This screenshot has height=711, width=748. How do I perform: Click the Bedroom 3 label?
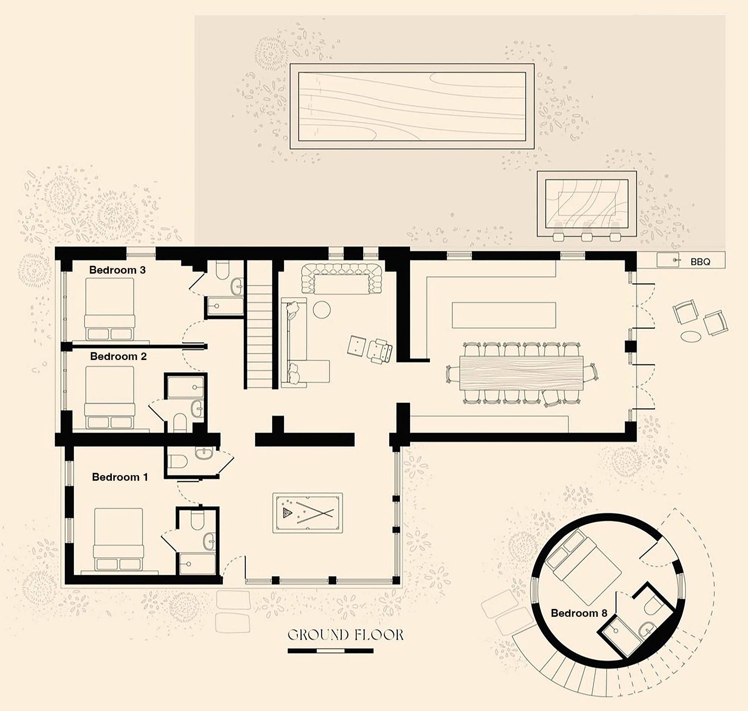tap(117, 270)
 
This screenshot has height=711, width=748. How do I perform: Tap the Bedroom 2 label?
tap(118, 356)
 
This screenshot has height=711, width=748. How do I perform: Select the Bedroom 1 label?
tap(120, 477)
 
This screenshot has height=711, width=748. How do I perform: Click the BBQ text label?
tap(700, 262)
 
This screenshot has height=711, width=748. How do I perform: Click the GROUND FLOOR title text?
tap(345, 635)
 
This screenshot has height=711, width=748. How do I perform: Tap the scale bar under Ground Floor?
tap(331, 651)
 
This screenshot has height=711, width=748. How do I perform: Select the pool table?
tap(307, 513)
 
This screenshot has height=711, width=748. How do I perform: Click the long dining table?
tap(521, 373)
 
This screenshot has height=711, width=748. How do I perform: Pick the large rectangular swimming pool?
tap(412, 106)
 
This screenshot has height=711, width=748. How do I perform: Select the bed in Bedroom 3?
tap(110, 309)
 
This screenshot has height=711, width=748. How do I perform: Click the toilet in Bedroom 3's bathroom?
tap(222, 270)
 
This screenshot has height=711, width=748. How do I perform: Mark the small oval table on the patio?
tap(691, 336)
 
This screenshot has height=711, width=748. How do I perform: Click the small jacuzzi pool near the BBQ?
tap(586, 204)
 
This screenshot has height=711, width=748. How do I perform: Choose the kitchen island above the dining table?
tap(504, 315)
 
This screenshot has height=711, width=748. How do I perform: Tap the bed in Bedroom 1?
tap(119, 539)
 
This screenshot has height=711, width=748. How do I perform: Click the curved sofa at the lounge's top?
tap(342, 279)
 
